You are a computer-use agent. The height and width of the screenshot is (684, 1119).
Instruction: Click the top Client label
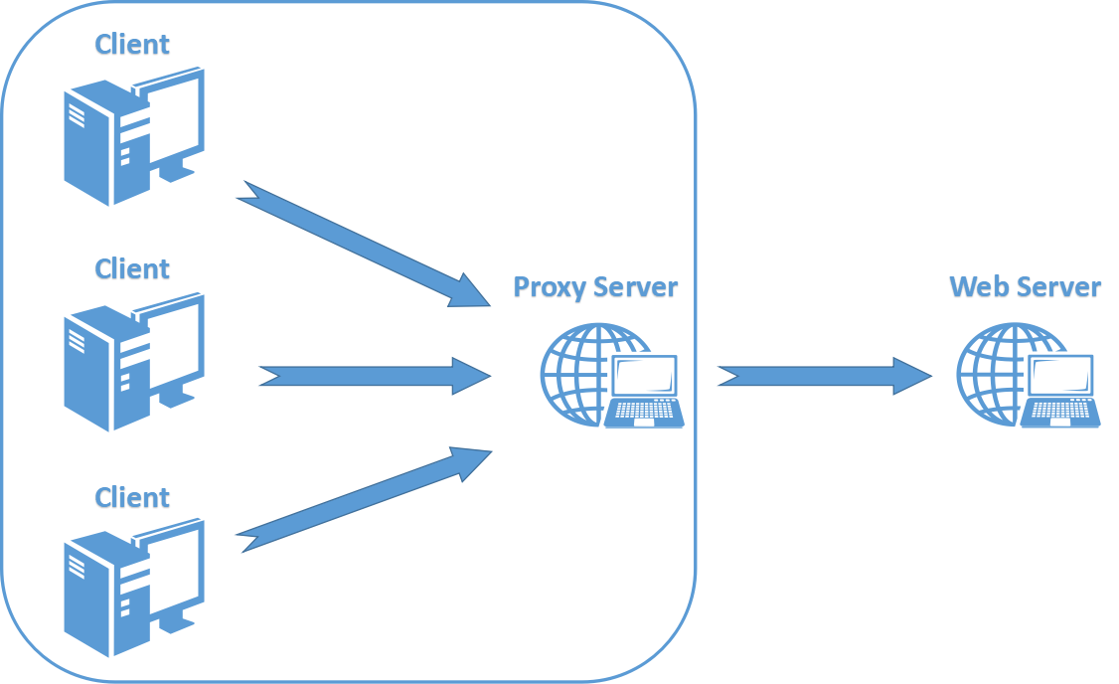(132, 45)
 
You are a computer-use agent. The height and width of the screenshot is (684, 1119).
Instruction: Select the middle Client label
(132, 269)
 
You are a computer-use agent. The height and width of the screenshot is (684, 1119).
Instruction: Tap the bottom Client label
(132, 497)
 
